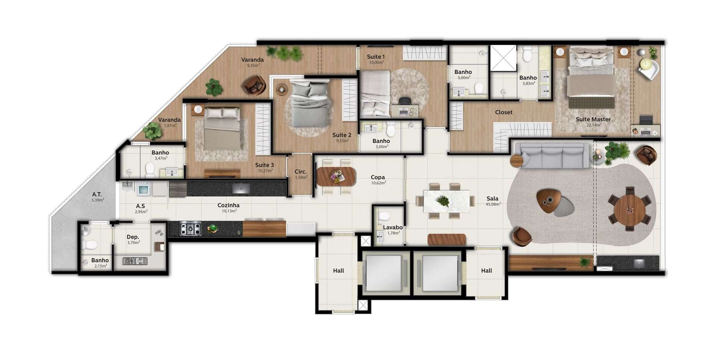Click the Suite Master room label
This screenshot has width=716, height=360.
(593, 119)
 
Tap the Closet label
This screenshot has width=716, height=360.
(503, 112)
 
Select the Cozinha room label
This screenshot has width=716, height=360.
(228, 205)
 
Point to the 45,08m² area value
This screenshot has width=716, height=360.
(493, 204)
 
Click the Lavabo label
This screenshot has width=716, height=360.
(393, 227)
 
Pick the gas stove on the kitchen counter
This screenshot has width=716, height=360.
(190, 228)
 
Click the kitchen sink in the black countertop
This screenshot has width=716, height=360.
(241, 188)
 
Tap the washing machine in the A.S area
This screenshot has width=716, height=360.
(144, 189)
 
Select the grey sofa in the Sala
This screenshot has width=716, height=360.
(552, 156)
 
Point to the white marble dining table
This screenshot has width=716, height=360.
(446, 201)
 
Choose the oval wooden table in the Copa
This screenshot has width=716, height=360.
(336, 177)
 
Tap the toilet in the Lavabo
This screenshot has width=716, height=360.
(384, 216)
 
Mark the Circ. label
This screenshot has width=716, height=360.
(301, 172)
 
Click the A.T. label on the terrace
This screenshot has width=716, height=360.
(97, 194)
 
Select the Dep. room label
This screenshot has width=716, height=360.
(133, 237)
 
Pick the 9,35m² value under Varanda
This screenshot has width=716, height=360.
(253, 66)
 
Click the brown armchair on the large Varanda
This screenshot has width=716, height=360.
(255, 85)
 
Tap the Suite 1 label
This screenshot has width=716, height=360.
(376, 57)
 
